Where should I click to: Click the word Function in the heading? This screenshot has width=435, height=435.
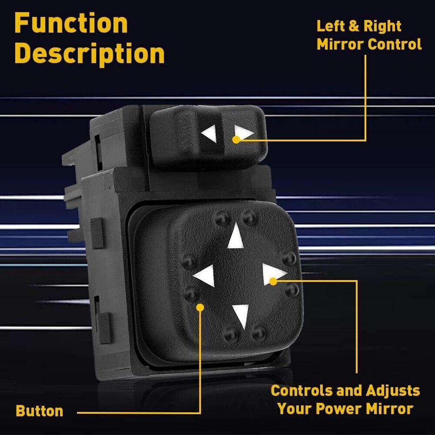coord(71,23)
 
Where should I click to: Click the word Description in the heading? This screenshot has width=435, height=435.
coord(89,54)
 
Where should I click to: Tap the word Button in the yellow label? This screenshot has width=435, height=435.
coord(39,411)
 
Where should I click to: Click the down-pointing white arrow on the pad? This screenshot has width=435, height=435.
coord(241,315)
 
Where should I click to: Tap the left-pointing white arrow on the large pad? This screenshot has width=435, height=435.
coord(205,276)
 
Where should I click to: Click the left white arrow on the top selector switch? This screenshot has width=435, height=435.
coord(209,134)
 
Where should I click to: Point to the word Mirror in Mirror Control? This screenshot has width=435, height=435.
coord(340,44)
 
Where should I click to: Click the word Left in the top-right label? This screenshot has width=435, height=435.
coord(330,26)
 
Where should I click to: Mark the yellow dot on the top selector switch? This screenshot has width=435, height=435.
coord(236,139)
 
